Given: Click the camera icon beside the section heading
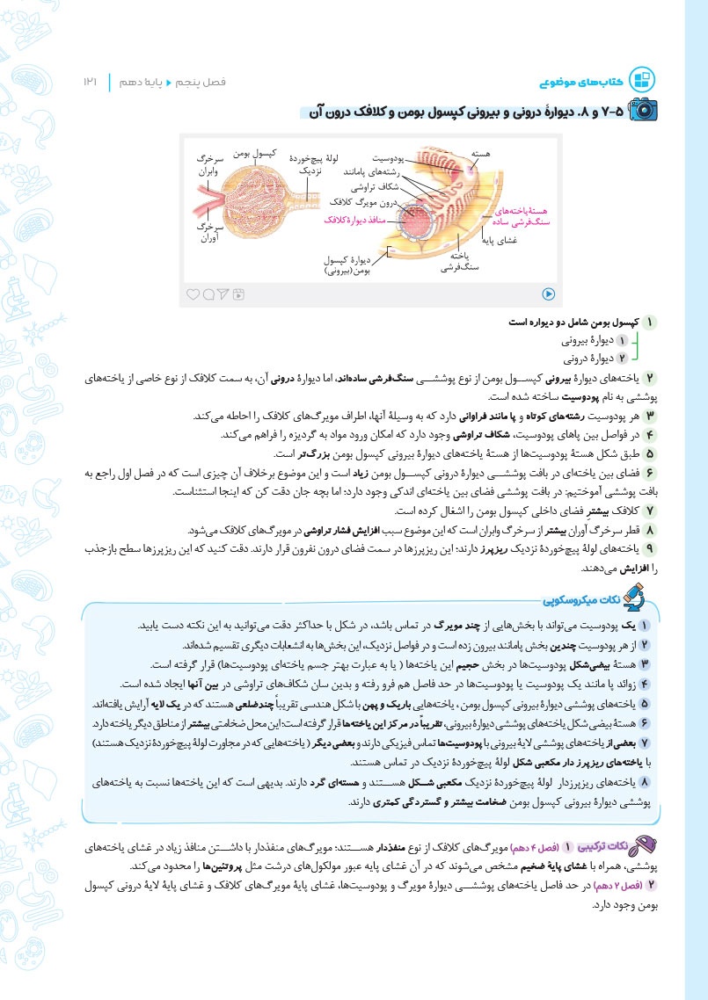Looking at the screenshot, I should tap(645, 110).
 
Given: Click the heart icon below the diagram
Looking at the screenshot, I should tap(193, 294).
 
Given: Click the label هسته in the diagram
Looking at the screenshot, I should tap(481, 154).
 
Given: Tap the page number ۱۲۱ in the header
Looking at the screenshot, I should tap(91, 82).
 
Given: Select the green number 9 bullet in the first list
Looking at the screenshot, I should tap(649, 549).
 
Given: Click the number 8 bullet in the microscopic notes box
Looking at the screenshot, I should tap(645, 779).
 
